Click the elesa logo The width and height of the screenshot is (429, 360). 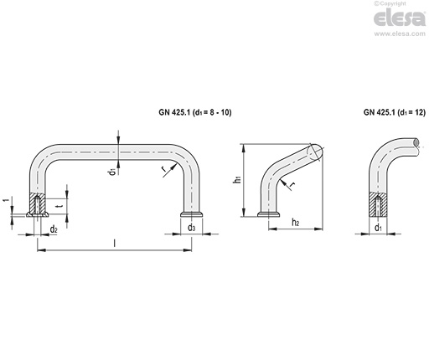point(400,18)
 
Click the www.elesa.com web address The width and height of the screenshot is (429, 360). point(400,33)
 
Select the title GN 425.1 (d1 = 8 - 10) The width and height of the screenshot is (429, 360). point(195,112)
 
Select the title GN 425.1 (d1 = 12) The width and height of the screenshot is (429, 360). point(395,112)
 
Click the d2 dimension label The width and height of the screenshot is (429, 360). point(54,229)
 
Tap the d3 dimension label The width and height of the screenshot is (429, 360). point(191,228)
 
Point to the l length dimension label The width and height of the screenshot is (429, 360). point(114,243)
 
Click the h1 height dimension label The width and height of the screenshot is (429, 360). point(237,180)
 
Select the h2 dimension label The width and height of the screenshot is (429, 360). point(296,223)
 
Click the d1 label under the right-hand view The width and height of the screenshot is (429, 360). point(378,228)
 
